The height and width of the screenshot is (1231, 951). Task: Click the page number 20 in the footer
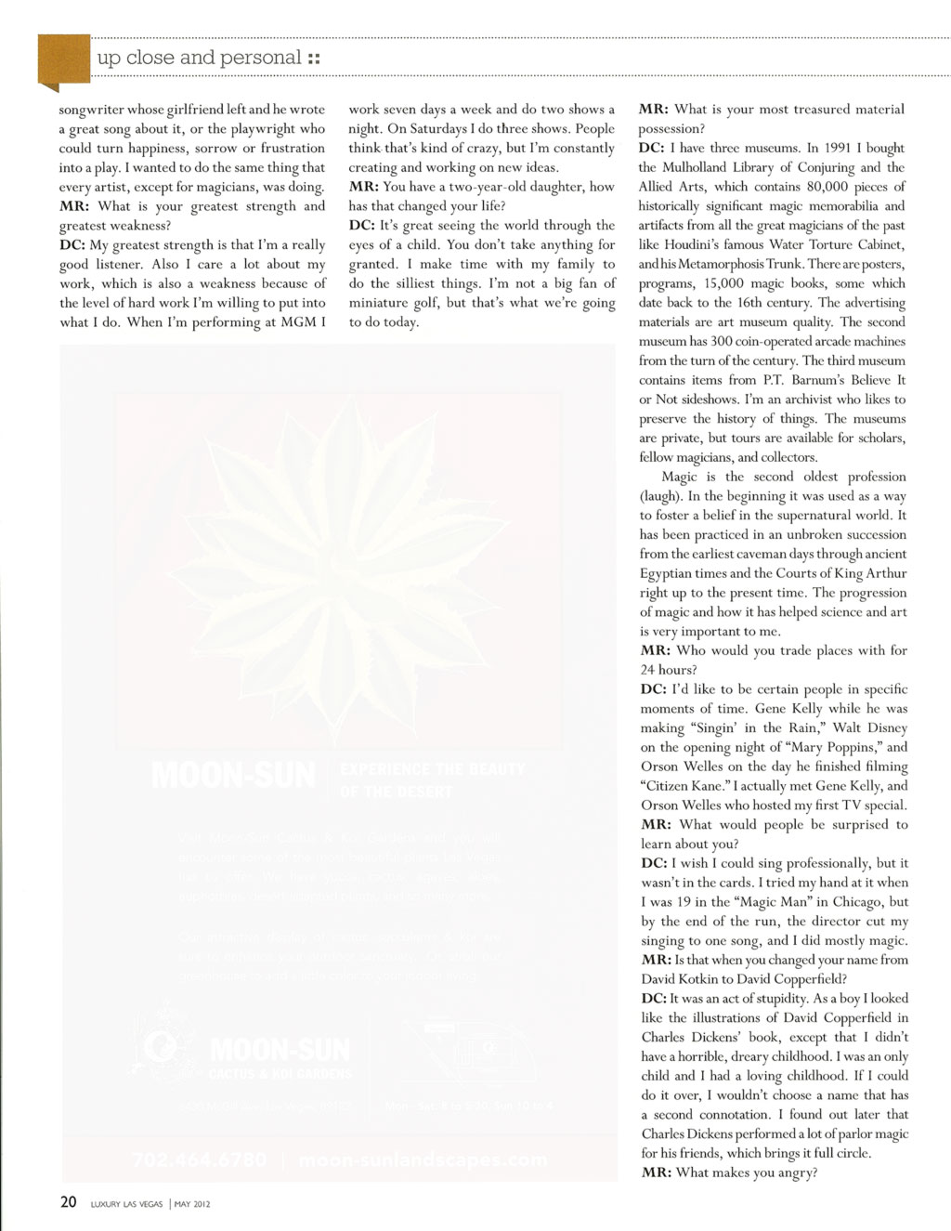tap(68, 1202)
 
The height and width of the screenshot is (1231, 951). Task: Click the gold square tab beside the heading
tap(63, 59)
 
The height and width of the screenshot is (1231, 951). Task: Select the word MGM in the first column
tap(298, 322)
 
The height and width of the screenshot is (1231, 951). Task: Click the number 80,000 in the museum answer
tap(818, 187)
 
